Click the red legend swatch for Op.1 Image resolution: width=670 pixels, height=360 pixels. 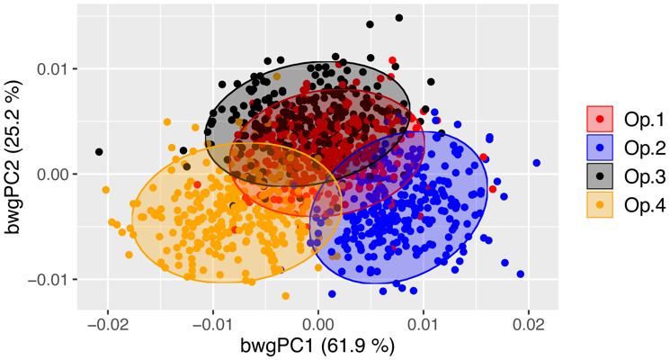point(600,117)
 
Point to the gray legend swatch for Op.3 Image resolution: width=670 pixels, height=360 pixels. point(600,175)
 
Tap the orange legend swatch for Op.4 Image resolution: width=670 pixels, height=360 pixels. point(600,205)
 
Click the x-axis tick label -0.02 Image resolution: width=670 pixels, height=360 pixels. point(106,322)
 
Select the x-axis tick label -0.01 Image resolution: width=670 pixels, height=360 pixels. point(211,322)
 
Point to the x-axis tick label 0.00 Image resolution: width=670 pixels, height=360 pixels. point(318,322)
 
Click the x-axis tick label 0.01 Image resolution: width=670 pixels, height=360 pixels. point(424,322)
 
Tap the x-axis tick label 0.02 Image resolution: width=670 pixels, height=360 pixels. point(529,322)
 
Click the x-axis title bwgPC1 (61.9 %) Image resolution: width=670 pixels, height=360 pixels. point(317,346)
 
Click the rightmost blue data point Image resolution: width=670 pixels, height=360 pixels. point(536,163)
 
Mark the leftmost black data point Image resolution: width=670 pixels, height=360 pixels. point(99,151)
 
